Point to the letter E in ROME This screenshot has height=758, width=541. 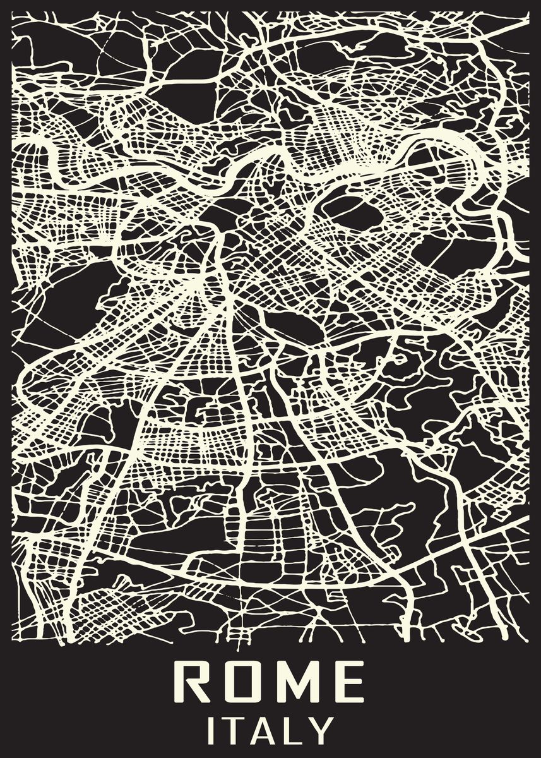pyautogui.click(x=349, y=682)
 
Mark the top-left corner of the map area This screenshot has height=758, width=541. pyautogui.click(x=13, y=13)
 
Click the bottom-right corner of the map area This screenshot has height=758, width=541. pyautogui.click(x=528, y=645)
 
